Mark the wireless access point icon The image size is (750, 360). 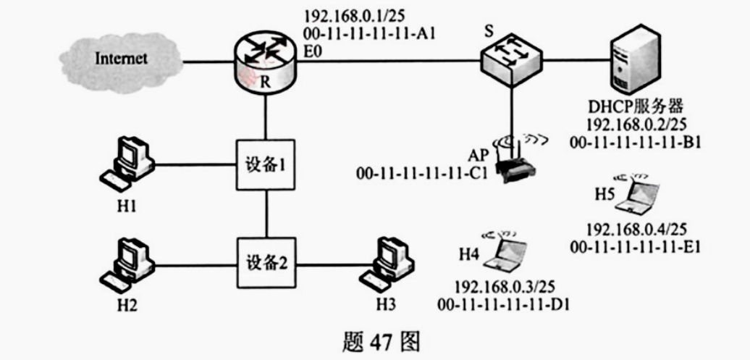pos(515,165)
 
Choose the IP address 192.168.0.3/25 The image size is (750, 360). pos(502,287)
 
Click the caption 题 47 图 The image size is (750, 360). pos(375,340)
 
